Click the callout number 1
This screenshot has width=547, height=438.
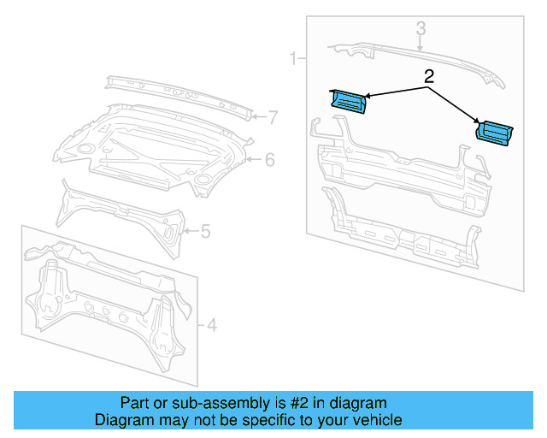pyautogui.click(x=292, y=59)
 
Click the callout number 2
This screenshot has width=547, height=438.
pyautogui.click(x=429, y=76)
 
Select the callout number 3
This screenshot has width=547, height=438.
pyautogui.click(x=421, y=29)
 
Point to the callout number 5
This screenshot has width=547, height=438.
pyautogui.click(x=205, y=230)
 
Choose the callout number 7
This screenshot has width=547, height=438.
pyautogui.click(x=272, y=117)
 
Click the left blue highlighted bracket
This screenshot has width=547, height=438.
pyautogui.click(x=346, y=101)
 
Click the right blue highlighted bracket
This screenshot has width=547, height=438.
pyautogui.click(x=494, y=134)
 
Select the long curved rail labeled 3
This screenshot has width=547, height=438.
pyautogui.click(x=410, y=58)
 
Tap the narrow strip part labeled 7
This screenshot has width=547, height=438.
pyautogui.click(x=179, y=96)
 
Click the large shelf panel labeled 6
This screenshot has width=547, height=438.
pyautogui.click(x=154, y=145)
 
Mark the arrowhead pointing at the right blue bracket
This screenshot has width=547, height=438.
pyautogui.click(x=477, y=125)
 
